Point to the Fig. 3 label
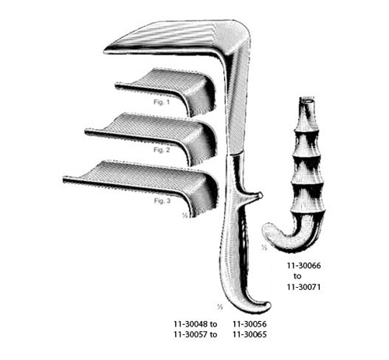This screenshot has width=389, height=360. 163,201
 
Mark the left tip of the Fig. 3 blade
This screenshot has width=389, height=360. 67,180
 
